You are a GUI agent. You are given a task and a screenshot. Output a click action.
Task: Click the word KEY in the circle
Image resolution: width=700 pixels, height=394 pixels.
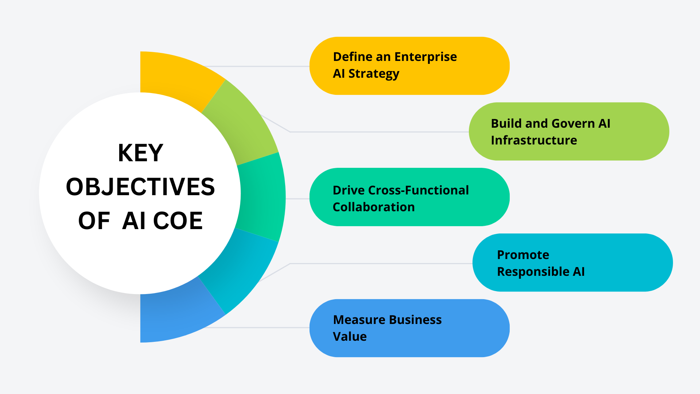point(140,153)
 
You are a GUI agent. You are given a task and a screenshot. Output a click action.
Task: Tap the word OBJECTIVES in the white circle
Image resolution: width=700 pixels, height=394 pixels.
point(140,187)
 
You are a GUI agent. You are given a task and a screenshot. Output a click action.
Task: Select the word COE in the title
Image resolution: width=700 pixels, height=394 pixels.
point(178,221)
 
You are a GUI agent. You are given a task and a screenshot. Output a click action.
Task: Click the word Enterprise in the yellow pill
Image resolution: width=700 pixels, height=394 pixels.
point(425,57)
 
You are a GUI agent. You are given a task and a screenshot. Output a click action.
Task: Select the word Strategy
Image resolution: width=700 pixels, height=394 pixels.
point(374,74)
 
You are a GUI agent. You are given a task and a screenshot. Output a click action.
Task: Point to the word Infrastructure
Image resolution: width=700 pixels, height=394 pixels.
point(534,140)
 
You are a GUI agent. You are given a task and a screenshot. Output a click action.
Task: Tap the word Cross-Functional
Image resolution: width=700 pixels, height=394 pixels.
point(419,190)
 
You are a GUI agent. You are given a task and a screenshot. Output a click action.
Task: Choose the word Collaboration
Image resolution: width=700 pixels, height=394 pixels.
point(374,207)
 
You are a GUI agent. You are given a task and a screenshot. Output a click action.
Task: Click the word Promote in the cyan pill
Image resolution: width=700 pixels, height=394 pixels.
point(523,255)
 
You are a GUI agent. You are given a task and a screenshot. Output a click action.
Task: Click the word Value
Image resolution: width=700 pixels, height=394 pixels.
point(350,337)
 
